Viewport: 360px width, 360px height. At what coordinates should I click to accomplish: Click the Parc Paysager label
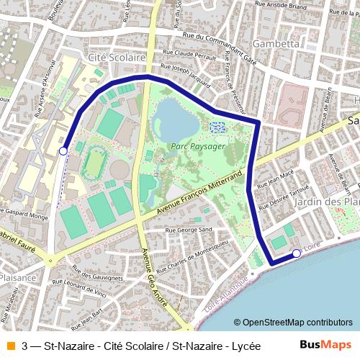197,145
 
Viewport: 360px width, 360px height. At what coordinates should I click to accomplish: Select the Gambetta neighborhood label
276,43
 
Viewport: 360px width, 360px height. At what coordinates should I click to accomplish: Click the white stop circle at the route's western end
63,150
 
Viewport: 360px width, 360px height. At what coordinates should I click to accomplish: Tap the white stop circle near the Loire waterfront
297,253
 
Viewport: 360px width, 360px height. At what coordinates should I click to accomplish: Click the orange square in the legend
10,346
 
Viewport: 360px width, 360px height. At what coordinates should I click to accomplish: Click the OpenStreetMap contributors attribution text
293,323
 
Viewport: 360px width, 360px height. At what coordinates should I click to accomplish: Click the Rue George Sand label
189,230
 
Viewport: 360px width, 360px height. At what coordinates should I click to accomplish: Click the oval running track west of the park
93,163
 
